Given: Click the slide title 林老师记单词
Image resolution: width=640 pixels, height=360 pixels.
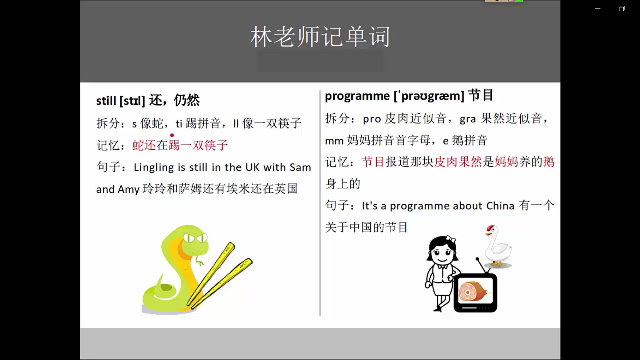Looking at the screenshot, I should coord(319,38).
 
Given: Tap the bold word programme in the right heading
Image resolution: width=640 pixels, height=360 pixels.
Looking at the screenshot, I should coord(357,96).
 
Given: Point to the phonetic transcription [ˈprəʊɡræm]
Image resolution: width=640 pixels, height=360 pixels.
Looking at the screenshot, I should coord(429,96).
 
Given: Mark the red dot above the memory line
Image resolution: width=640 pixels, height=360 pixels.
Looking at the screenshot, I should coord(172,134).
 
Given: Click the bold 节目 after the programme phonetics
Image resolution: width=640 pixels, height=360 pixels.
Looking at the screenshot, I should coord(481,96).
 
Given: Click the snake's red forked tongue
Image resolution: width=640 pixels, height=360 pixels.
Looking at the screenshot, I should coord(202,259).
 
